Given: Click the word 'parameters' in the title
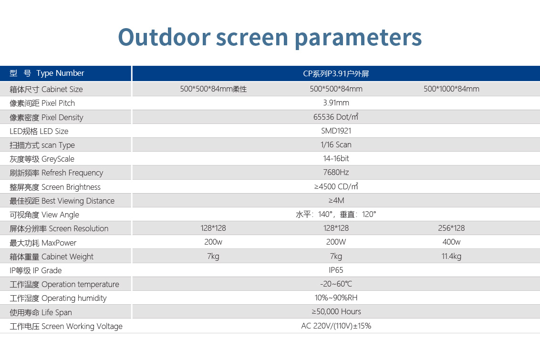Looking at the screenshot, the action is (358, 38).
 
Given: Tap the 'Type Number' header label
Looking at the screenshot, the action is (60, 73).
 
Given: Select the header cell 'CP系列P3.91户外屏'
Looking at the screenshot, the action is (336, 73).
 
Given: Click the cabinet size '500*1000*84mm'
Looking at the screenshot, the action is (451, 89).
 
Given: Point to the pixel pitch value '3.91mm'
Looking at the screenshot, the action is (336, 103).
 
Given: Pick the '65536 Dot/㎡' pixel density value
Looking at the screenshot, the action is (336, 117).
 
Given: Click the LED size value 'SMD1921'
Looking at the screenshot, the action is (336, 131).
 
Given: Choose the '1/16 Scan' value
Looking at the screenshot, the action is (336, 144).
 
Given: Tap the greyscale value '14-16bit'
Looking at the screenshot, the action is (336, 158).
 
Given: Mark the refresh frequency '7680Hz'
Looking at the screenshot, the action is (336, 172).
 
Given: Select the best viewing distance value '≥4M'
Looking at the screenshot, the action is (336, 200).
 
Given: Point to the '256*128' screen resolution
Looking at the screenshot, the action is (451, 228).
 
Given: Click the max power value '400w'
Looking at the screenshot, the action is (451, 242).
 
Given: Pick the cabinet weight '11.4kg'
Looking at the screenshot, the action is (451, 256).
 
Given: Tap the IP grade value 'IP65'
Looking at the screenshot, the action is (336, 270).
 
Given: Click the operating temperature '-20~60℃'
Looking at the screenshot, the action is (336, 284).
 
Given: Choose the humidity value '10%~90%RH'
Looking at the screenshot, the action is (336, 298).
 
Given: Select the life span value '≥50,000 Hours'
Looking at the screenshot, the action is (336, 311).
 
